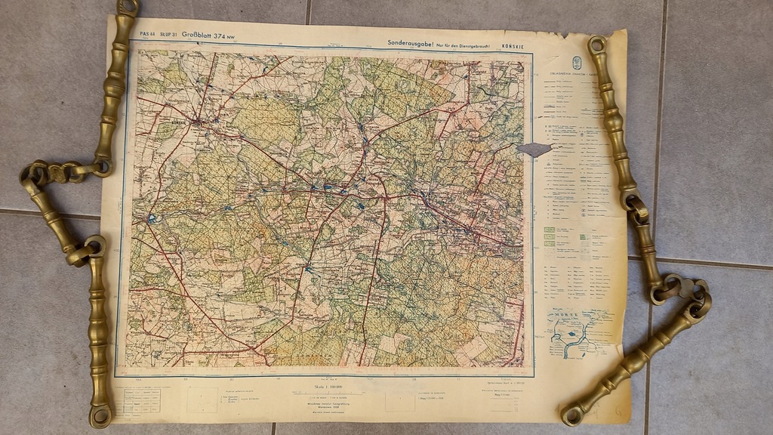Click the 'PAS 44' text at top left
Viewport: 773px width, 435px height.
147,35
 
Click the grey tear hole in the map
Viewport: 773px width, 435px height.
535,150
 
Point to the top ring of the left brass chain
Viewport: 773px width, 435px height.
128,8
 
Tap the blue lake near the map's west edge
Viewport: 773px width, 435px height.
152,218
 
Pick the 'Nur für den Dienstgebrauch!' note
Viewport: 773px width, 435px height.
463,46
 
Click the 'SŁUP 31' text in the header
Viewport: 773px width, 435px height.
168,35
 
